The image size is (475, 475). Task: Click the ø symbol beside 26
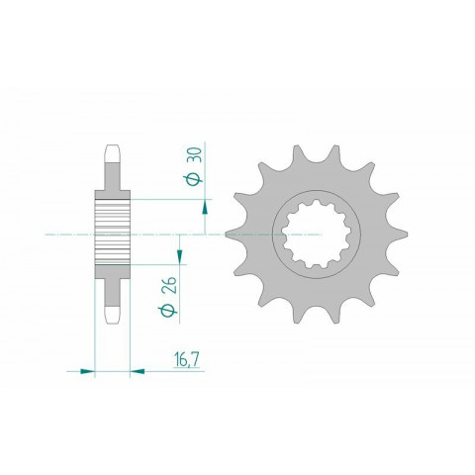tap(170, 314)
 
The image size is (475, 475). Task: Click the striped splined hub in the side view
tap(112, 234)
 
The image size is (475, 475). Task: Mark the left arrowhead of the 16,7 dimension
tap(86, 371)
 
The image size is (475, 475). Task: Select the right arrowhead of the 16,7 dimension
tap(138, 371)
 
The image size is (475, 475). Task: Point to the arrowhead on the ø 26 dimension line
tap(179, 260)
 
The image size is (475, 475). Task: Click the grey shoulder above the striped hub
tap(112, 193)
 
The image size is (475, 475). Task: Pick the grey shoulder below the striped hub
tap(112, 274)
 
